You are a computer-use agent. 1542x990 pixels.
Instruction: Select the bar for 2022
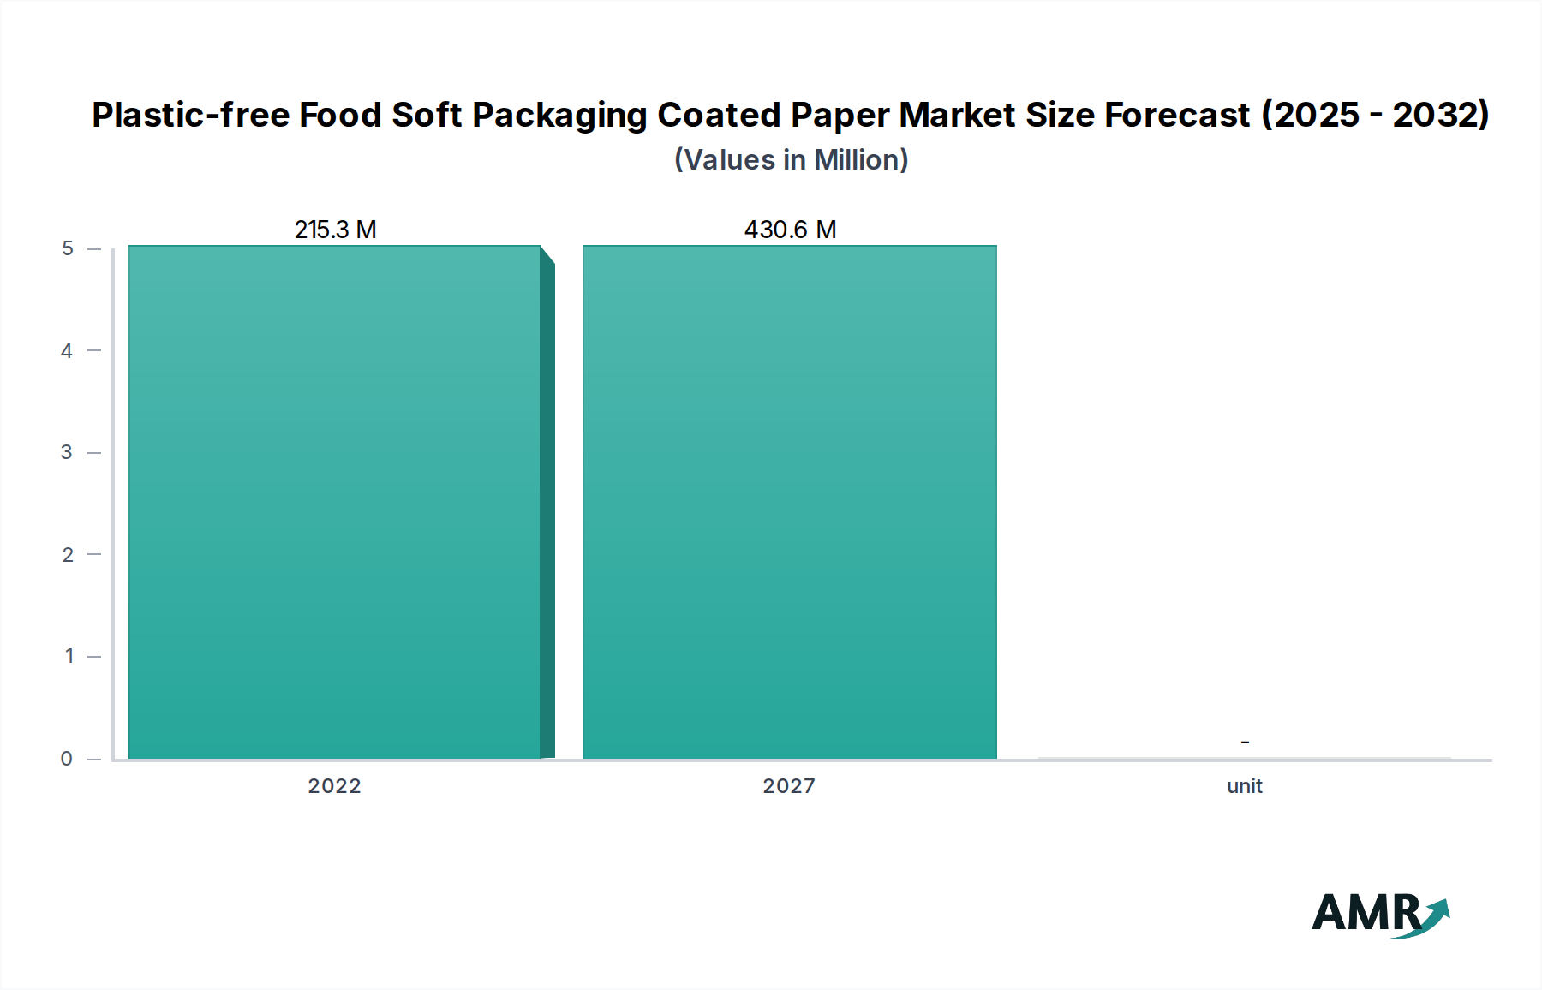[x=334, y=502]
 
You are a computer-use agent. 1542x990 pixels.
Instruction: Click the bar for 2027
[x=789, y=502]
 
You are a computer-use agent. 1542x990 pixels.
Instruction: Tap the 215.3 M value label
[x=335, y=230]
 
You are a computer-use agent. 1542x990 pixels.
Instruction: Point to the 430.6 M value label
[x=790, y=230]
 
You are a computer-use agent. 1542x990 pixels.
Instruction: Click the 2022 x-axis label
[x=334, y=786]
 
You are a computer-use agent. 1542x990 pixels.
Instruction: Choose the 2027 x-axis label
[x=789, y=786]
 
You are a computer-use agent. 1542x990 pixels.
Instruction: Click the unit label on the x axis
[x=1244, y=786]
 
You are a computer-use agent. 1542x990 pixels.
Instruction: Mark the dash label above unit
[x=1245, y=742]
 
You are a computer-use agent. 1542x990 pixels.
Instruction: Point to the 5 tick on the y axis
[x=68, y=248]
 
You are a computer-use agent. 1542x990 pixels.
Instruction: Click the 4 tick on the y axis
[x=67, y=350]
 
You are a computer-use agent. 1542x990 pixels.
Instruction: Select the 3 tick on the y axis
[x=67, y=452]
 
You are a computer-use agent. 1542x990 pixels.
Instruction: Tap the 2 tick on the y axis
[x=68, y=555]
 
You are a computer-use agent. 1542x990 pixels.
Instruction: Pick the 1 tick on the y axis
[x=69, y=657]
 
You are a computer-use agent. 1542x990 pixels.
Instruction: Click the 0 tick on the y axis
[x=67, y=759]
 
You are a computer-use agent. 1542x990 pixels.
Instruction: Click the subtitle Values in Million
[x=791, y=160]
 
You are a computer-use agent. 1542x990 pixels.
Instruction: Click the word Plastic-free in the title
[x=190, y=115]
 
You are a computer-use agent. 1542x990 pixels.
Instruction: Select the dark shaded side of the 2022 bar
[x=547, y=510]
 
